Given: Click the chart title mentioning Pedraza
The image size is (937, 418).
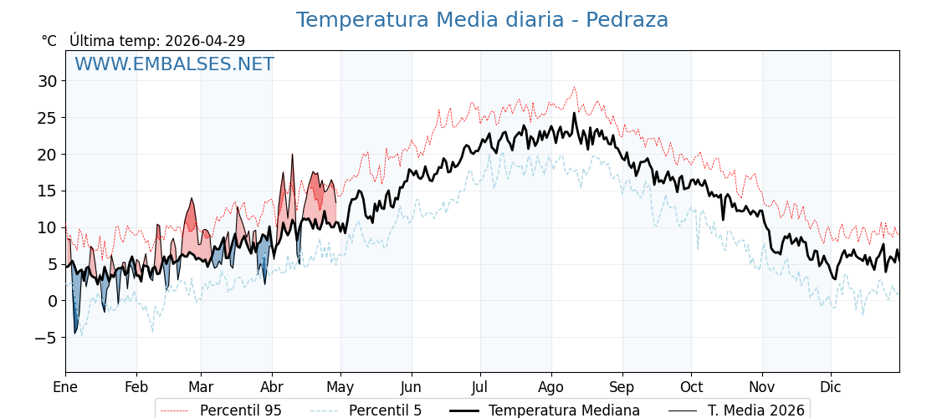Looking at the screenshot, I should (x=482, y=20).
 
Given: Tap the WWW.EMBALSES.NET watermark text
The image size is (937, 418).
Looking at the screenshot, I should (x=174, y=64).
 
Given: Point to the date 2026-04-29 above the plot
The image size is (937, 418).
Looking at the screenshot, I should (x=205, y=41).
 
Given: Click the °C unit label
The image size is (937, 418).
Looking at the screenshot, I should (x=49, y=41).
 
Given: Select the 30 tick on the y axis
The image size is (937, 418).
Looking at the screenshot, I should (x=47, y=81).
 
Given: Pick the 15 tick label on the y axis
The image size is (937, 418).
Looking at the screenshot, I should (x=47, y=191).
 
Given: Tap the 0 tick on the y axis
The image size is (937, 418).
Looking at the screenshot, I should (x=52, y=301).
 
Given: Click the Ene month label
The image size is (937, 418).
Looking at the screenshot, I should (x=65, y=387).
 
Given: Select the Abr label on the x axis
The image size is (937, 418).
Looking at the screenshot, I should (x=272, y=387).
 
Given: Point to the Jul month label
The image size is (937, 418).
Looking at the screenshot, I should (x=480, y=387).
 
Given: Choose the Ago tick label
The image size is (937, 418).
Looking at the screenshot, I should (x=551, y=387).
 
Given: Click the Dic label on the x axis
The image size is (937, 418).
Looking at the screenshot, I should (x=831, y=387).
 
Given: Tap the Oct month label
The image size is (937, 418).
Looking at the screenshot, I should (x=691, y=387).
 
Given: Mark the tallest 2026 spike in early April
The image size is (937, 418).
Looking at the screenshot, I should (x=292, y=155).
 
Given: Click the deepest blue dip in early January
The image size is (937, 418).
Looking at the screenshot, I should (x=74, y=333).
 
